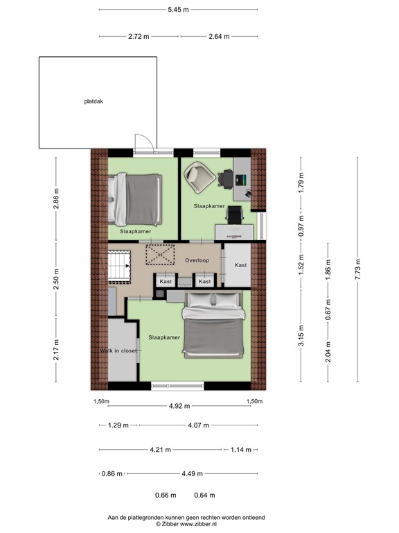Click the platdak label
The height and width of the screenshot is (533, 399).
pyautogui.click(x=94, y=101)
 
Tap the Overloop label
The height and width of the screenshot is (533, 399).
pyautogui.click(x=197, y=260)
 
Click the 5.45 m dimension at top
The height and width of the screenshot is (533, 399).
pyautogui.click(x=178, y=10)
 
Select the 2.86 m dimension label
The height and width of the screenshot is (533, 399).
pyautogui.click(x=57, y=198)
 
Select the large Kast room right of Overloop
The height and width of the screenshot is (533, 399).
pyautogui.click(x=240, y=265)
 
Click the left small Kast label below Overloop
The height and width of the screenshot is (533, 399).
pyautogui.click(x=166, y=281)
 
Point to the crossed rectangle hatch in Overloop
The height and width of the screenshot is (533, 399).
pyautogui.click(x=161, y=255)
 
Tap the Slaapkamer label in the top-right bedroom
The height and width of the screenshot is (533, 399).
pyautogui.click(x=209, y=206)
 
